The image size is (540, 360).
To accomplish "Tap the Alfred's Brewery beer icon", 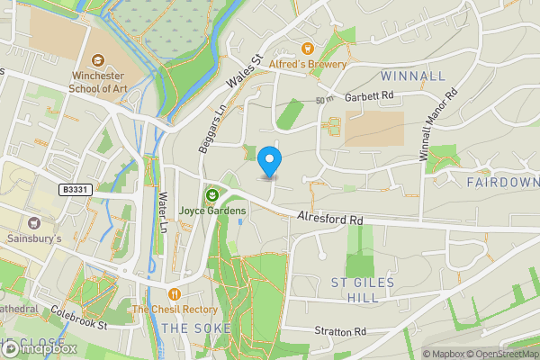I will pos(308,48).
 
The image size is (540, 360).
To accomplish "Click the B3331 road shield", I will pos(76,190).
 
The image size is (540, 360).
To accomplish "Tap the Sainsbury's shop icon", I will pos(35,222).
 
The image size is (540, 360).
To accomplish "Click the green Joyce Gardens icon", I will pos(212,194).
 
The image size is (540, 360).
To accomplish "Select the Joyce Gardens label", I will pos(212,211).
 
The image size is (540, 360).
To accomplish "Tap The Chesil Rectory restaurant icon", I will pos(175,293).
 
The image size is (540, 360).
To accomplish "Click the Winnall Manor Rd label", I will pos(436,125).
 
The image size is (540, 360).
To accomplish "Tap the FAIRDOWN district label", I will pos(502,182).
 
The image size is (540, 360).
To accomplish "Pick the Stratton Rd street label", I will pos(340,331).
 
